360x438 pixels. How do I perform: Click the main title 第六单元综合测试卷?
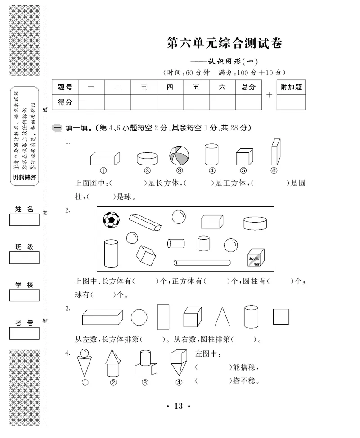(x=225, y=44)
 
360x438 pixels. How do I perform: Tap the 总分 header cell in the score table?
(x=248, y=88)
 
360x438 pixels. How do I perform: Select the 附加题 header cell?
(x=291, y=88)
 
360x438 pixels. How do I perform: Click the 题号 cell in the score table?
(x=65, y=88)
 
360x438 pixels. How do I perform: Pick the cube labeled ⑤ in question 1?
(x=243, y=157)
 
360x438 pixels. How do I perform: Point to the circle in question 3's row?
(x=139, y=317)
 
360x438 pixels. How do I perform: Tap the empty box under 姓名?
(x=24, y=220)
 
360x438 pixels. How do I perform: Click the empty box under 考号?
(x=24, y=333)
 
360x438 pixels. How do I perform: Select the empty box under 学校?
(x=24, y=295)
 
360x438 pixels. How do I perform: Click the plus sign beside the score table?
(x=269, y=95)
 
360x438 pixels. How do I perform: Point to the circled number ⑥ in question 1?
(x=274, y=170)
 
